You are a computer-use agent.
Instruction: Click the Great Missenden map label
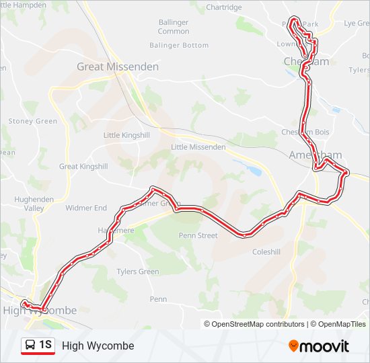click(118, 67)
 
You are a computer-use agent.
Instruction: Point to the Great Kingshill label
click(83, 166)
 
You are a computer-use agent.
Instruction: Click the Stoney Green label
click(33, 121)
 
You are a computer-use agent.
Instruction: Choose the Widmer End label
click(86, 208)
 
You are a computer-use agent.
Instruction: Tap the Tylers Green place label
click(138, 272)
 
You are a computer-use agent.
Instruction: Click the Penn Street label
click(198, 235)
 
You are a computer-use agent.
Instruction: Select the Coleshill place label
click(266, 253)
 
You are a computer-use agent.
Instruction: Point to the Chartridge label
click(224, 7)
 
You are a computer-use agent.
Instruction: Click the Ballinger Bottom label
click(180, 45)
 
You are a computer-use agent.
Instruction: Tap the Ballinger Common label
click(174, 27)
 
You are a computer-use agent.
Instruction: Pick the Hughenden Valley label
click(29, 204)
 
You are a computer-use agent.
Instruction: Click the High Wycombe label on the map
click(40, 311)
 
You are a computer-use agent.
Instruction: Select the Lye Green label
click(357, 23)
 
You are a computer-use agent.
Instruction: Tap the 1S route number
click(46, 345)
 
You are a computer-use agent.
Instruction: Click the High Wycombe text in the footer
click(98, 346)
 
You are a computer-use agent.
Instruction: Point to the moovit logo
click(319, 346)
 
